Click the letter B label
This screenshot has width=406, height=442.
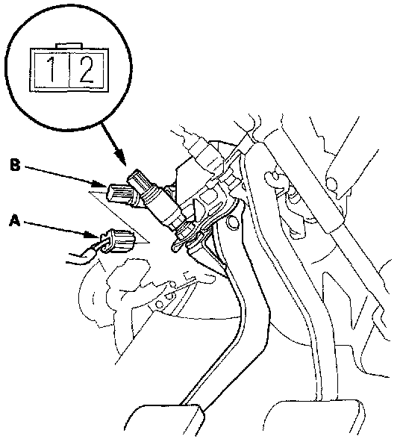point(15,165)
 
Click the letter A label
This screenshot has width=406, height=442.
point(15,220)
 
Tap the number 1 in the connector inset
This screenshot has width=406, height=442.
point(51,69)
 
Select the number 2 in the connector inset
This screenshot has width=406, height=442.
point(87,69)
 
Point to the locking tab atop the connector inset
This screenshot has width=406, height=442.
point(69,46)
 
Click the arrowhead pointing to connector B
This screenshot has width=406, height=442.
point(101,184)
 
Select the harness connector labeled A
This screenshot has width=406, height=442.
point(118,241)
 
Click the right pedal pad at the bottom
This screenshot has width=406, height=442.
point(314,420)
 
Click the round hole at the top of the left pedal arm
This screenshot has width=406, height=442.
point(232,222)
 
